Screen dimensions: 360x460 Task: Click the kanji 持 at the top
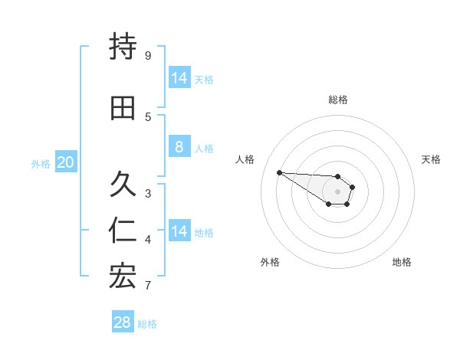tap(123, 47)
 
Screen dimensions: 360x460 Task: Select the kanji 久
tap(123, 185)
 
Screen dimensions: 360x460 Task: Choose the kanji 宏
tap(123, 277)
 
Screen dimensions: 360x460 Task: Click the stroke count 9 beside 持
tap(147, 55)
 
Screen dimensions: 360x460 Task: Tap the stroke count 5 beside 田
tap(147, 116)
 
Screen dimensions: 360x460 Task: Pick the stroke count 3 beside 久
tap(147, 193)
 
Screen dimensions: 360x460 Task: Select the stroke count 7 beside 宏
tap(147, 285)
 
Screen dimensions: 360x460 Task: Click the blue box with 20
tap(66, 162)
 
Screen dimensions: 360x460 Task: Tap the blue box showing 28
tap(122, 322)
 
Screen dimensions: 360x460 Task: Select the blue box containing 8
tap(179, 147)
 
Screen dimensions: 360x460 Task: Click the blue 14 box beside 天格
tap(179, 78)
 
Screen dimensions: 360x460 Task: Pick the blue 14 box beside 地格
tap(179, 231)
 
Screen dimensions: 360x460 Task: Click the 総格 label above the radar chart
tap(338, 100)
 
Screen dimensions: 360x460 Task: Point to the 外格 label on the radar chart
tap(270, 262)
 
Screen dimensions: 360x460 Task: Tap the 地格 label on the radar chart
tap(402, 262)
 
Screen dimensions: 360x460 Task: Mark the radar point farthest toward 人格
tap(279, 172)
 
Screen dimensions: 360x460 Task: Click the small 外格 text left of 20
tap(41, 163)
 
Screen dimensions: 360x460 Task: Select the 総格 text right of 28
tap(147, 324)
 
